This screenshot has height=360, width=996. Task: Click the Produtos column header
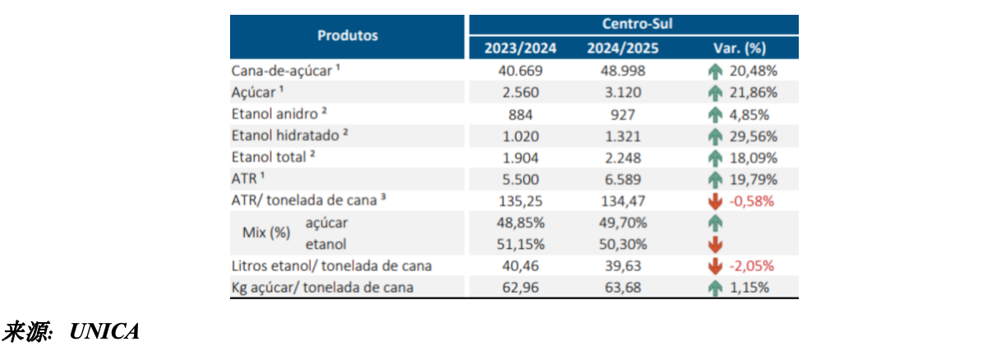tap(348, 35)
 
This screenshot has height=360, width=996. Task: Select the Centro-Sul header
tap(637, 24)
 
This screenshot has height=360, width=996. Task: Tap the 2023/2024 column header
tap(520, 48)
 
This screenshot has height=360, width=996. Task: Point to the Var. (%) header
tap(740, 48)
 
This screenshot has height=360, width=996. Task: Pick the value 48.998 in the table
tap(623, 71)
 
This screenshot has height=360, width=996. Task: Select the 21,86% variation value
tap(754, 92)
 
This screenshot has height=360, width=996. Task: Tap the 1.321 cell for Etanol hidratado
tap(623, 136)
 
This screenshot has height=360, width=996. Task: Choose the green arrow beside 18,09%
tap(715, 159)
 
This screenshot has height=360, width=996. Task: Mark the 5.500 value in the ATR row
tap(520, 179)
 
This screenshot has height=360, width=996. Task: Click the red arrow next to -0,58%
tap(715, 201)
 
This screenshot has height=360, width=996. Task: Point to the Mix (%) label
tap(266, 233)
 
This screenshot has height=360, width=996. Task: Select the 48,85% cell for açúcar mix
tap(520, 223)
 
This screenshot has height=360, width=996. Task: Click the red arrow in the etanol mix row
tap(715, 244)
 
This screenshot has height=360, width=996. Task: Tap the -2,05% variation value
tap(751, 265)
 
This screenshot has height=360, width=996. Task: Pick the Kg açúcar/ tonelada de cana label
tap(322, 288)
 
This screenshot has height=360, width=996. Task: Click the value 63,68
tap(623, 288)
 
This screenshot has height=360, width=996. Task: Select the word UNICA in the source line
tap(104, 331)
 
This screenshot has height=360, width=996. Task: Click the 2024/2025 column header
tap(623, 48)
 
